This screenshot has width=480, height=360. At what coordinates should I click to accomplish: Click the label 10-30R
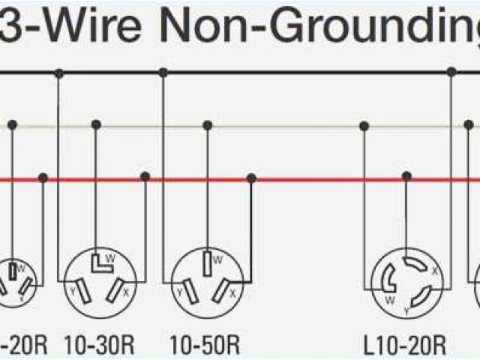[x=99, y=346]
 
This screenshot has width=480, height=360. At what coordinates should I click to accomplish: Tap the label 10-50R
[x=205, y=346]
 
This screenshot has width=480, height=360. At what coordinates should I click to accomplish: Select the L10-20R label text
[x=405, y=346]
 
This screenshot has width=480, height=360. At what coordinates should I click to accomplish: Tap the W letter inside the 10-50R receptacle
[x=217, y=260]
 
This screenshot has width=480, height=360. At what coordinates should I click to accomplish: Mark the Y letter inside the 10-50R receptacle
[x=179, y=290]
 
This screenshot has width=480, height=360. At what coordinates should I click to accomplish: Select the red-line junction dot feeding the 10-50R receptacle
[x=251, y=178]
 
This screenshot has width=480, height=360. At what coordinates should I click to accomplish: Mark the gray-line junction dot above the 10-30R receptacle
[x=95, y=124]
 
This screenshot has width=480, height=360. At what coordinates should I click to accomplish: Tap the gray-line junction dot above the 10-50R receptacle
[x=207, y=124]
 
